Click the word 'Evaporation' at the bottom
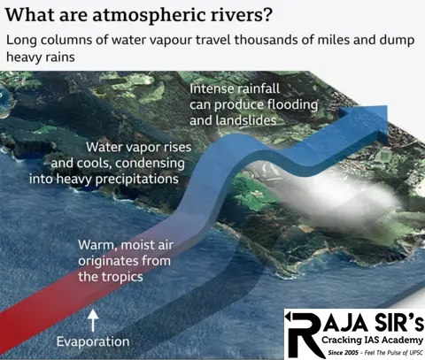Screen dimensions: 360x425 (x=93, y=341)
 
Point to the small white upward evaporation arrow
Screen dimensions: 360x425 (x=93, y=316)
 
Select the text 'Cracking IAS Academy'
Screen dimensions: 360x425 (x=364, y=338)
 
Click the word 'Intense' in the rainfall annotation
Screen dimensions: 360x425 (x=212, y=88)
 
